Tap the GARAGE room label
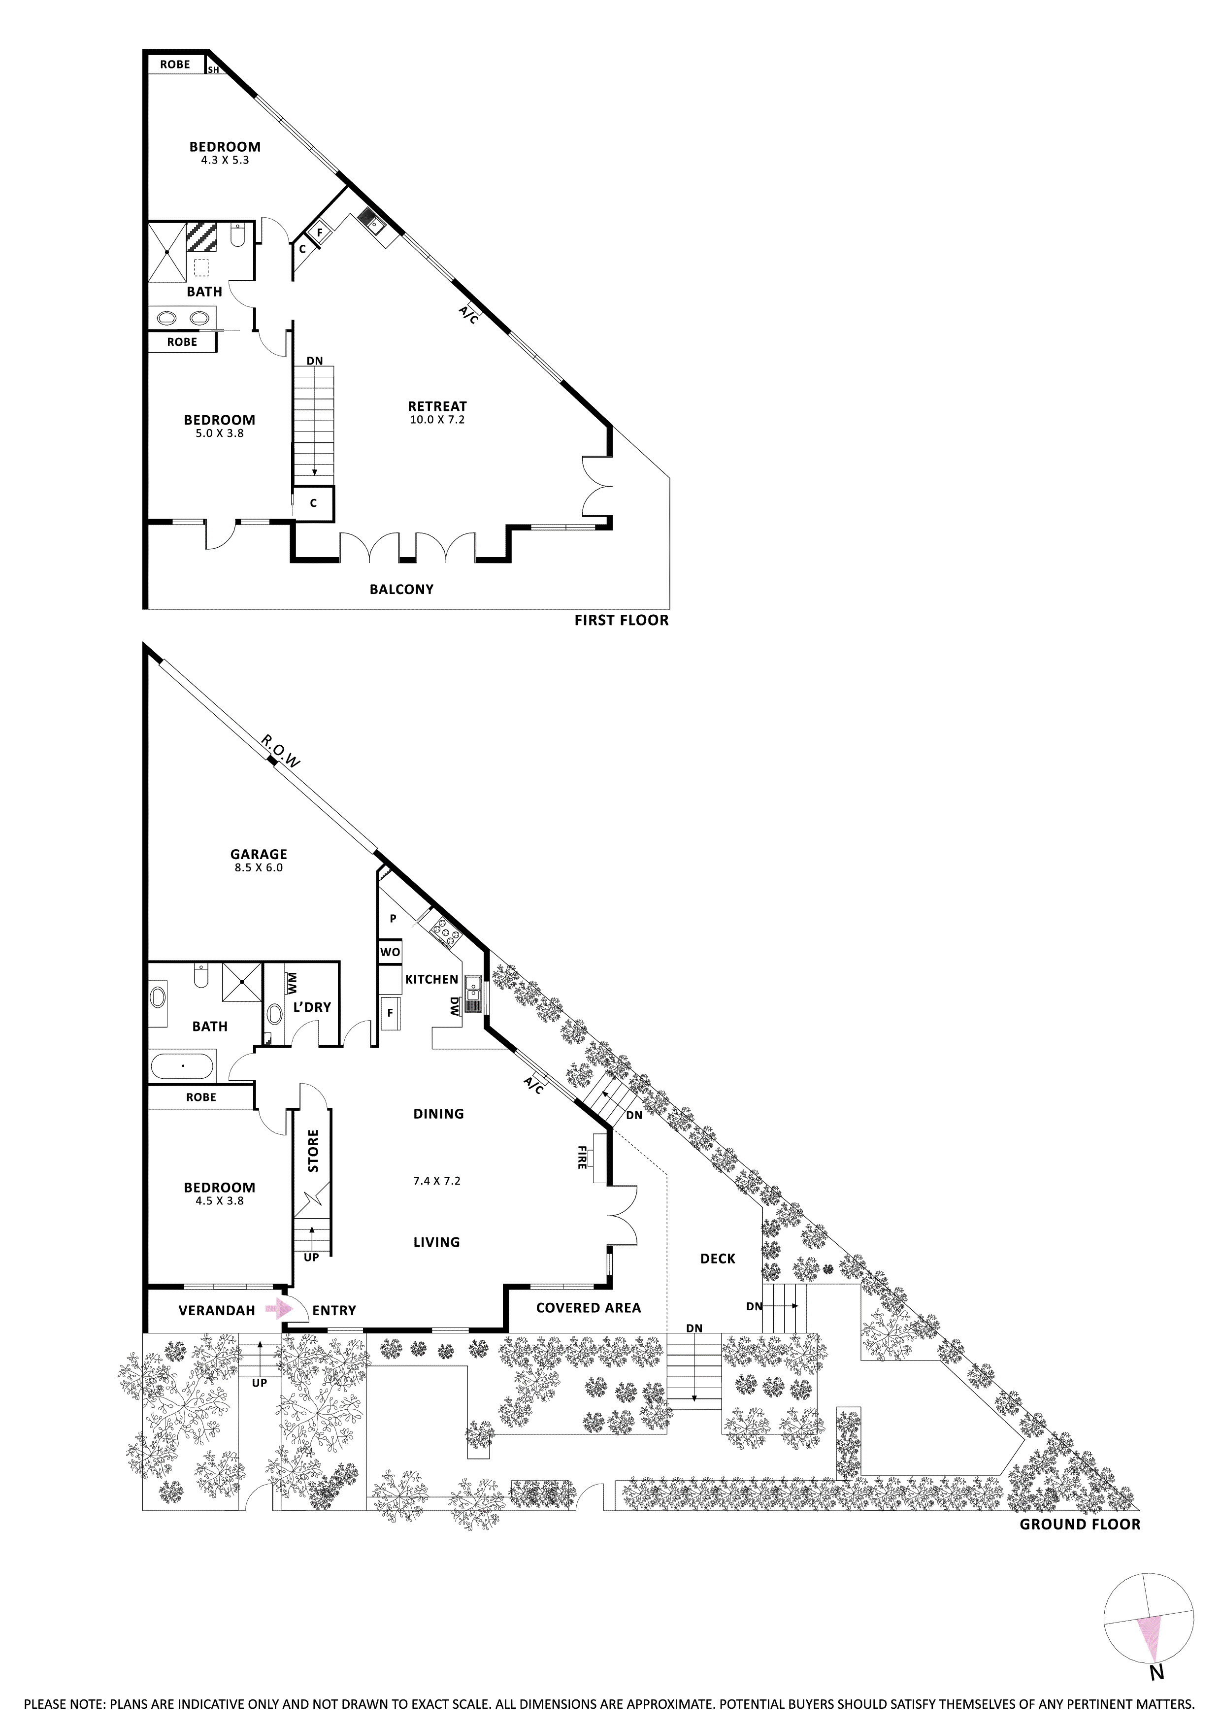coord(259,854)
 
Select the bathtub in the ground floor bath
coord(183,1066)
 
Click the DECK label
coord(717,1259)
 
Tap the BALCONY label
coord(401,589)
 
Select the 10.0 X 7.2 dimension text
coord(437,420)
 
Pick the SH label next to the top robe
coord(214,70)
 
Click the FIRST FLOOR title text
coord(621,620)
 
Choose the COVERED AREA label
coord(588,1308)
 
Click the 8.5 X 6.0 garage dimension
coord(259,867)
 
